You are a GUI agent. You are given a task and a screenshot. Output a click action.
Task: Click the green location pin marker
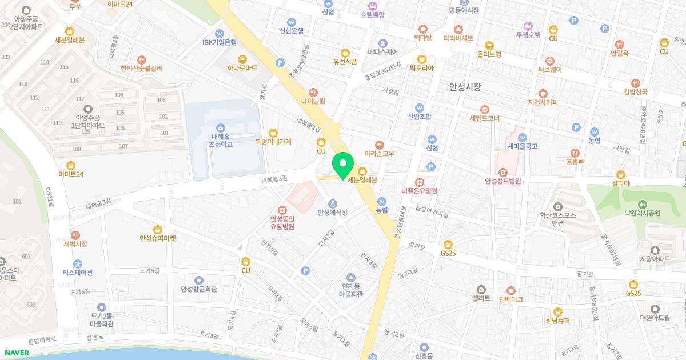point(343,165)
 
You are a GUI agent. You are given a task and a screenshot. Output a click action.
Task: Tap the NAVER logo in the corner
point(16,352)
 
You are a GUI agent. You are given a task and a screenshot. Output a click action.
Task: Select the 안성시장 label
point(465,87)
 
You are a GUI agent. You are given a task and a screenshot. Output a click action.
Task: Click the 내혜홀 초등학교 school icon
point(220,127)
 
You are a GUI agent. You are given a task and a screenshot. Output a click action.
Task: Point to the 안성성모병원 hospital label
point(502,182)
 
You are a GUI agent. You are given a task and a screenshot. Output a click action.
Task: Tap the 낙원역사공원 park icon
point(642,203)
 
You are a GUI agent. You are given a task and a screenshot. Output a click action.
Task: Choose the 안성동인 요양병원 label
point(282,222)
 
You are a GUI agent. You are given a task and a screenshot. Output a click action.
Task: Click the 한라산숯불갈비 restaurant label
point(141,69)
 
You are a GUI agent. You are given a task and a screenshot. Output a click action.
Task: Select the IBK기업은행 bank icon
point(219,33)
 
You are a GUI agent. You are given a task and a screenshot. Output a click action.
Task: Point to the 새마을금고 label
point(522,146)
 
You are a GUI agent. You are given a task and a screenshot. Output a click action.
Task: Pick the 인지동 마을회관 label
point(352,290)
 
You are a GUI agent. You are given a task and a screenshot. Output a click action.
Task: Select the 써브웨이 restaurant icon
point(549,61)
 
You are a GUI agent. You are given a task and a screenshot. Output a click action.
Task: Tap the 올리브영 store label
point(489,54)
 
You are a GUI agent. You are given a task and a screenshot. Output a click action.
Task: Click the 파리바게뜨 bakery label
point(458,39)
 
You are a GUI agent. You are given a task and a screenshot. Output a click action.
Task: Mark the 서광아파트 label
point(655,259)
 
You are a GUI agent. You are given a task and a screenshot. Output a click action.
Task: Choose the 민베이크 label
point(511,299)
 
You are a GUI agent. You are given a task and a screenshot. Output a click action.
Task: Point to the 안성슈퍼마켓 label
point(158,238)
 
